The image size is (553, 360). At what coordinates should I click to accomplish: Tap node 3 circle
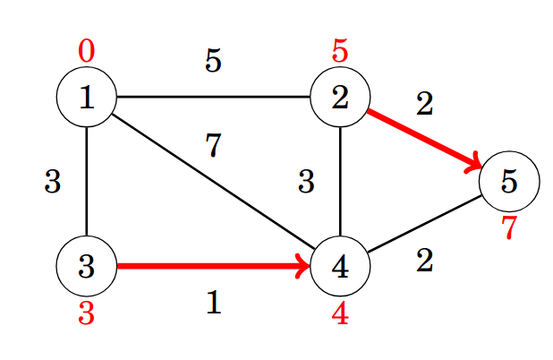87,266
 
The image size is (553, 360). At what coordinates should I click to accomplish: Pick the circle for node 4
340,266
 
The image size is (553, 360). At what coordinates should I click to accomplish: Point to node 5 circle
509,181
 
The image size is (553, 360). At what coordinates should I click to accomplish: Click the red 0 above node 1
86,51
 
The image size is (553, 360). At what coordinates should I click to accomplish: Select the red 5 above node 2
340,51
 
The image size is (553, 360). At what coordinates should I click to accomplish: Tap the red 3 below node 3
86,313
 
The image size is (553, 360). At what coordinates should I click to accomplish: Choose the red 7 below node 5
509,227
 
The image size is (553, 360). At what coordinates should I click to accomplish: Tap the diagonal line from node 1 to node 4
213,181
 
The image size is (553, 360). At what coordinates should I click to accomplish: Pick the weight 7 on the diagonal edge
213,145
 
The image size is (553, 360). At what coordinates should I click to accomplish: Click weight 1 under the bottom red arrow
213,303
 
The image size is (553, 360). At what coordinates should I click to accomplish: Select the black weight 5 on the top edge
213,61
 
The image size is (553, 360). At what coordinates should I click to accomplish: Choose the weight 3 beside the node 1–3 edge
52,182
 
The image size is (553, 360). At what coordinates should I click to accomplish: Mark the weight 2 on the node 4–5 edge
424,261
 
